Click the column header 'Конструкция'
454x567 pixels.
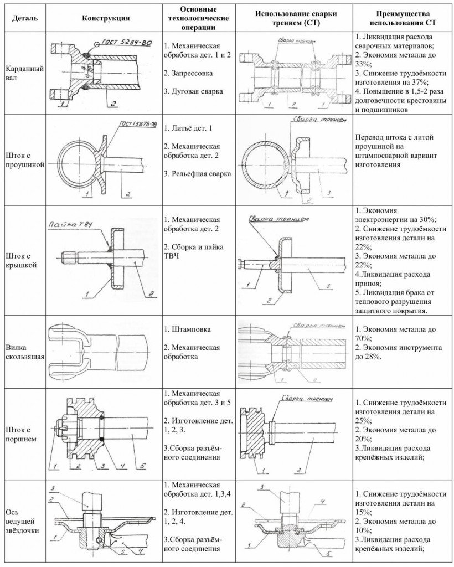click(106, 18)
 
